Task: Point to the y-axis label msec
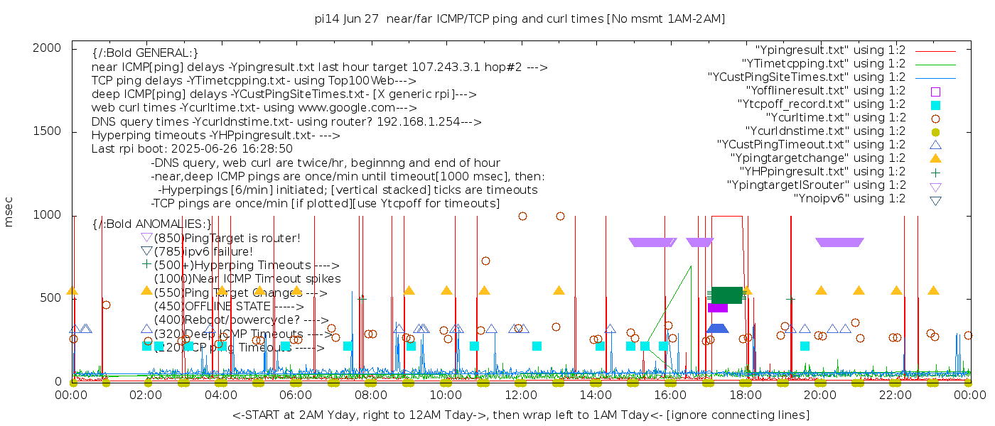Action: (x=9, y=214)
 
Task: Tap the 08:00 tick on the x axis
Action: (x=371, y=394)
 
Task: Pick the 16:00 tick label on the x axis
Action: (x=671, y=394)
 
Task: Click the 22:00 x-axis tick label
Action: (x=895, y=394)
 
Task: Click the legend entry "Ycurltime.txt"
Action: (x=835, y=118)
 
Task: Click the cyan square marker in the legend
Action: (x=935, y=105)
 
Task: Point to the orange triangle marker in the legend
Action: (x=935, y=158)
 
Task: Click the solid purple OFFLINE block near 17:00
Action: (x=718, y=307)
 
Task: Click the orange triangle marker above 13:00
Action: (x=559, y=290)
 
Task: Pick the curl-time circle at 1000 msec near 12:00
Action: (x=522, y=217)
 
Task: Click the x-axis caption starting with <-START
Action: (x=520, y=415)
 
